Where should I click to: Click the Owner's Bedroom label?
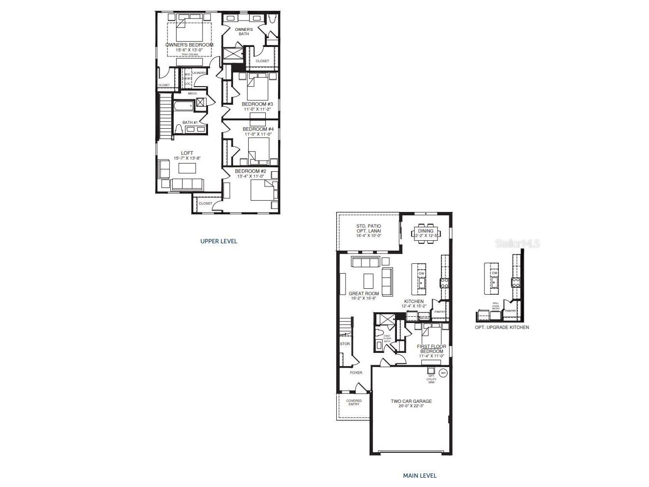tap(189, 45)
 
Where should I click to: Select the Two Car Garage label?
tap(411, 401)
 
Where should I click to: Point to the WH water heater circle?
tap(443, 373)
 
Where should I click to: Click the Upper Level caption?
tap(219, 241)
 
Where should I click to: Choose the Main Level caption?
tap(419, 475)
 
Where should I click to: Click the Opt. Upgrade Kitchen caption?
tap(502, 327)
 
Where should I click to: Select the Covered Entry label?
tap(353, 402)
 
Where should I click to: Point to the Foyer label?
tap(356, 373)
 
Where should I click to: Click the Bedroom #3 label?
tap(257, 104)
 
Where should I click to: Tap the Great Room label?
tap(364, 294)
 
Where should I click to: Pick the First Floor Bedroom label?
tap(431, 348)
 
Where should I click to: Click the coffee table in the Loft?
tap(186, 168)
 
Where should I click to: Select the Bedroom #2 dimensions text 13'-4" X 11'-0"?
tap(251, 176)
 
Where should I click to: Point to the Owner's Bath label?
tap(244, 31)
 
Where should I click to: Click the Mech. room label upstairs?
tap(192, 93)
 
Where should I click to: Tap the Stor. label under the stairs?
tap(345, 344)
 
